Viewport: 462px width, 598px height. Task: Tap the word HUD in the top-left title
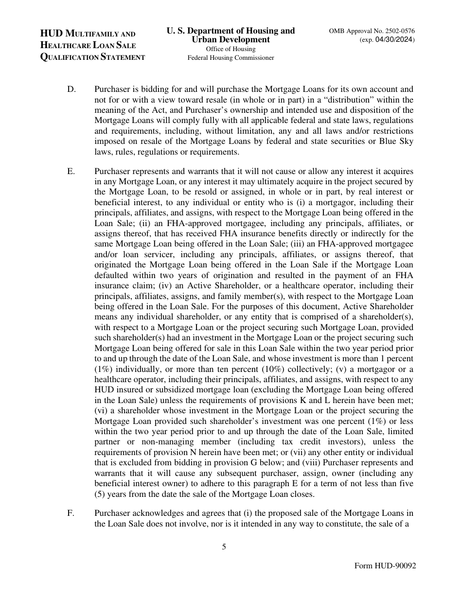52,34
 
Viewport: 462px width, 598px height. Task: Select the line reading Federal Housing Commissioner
231,58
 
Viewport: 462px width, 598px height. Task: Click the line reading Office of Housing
231,49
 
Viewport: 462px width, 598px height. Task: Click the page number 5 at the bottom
224,546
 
